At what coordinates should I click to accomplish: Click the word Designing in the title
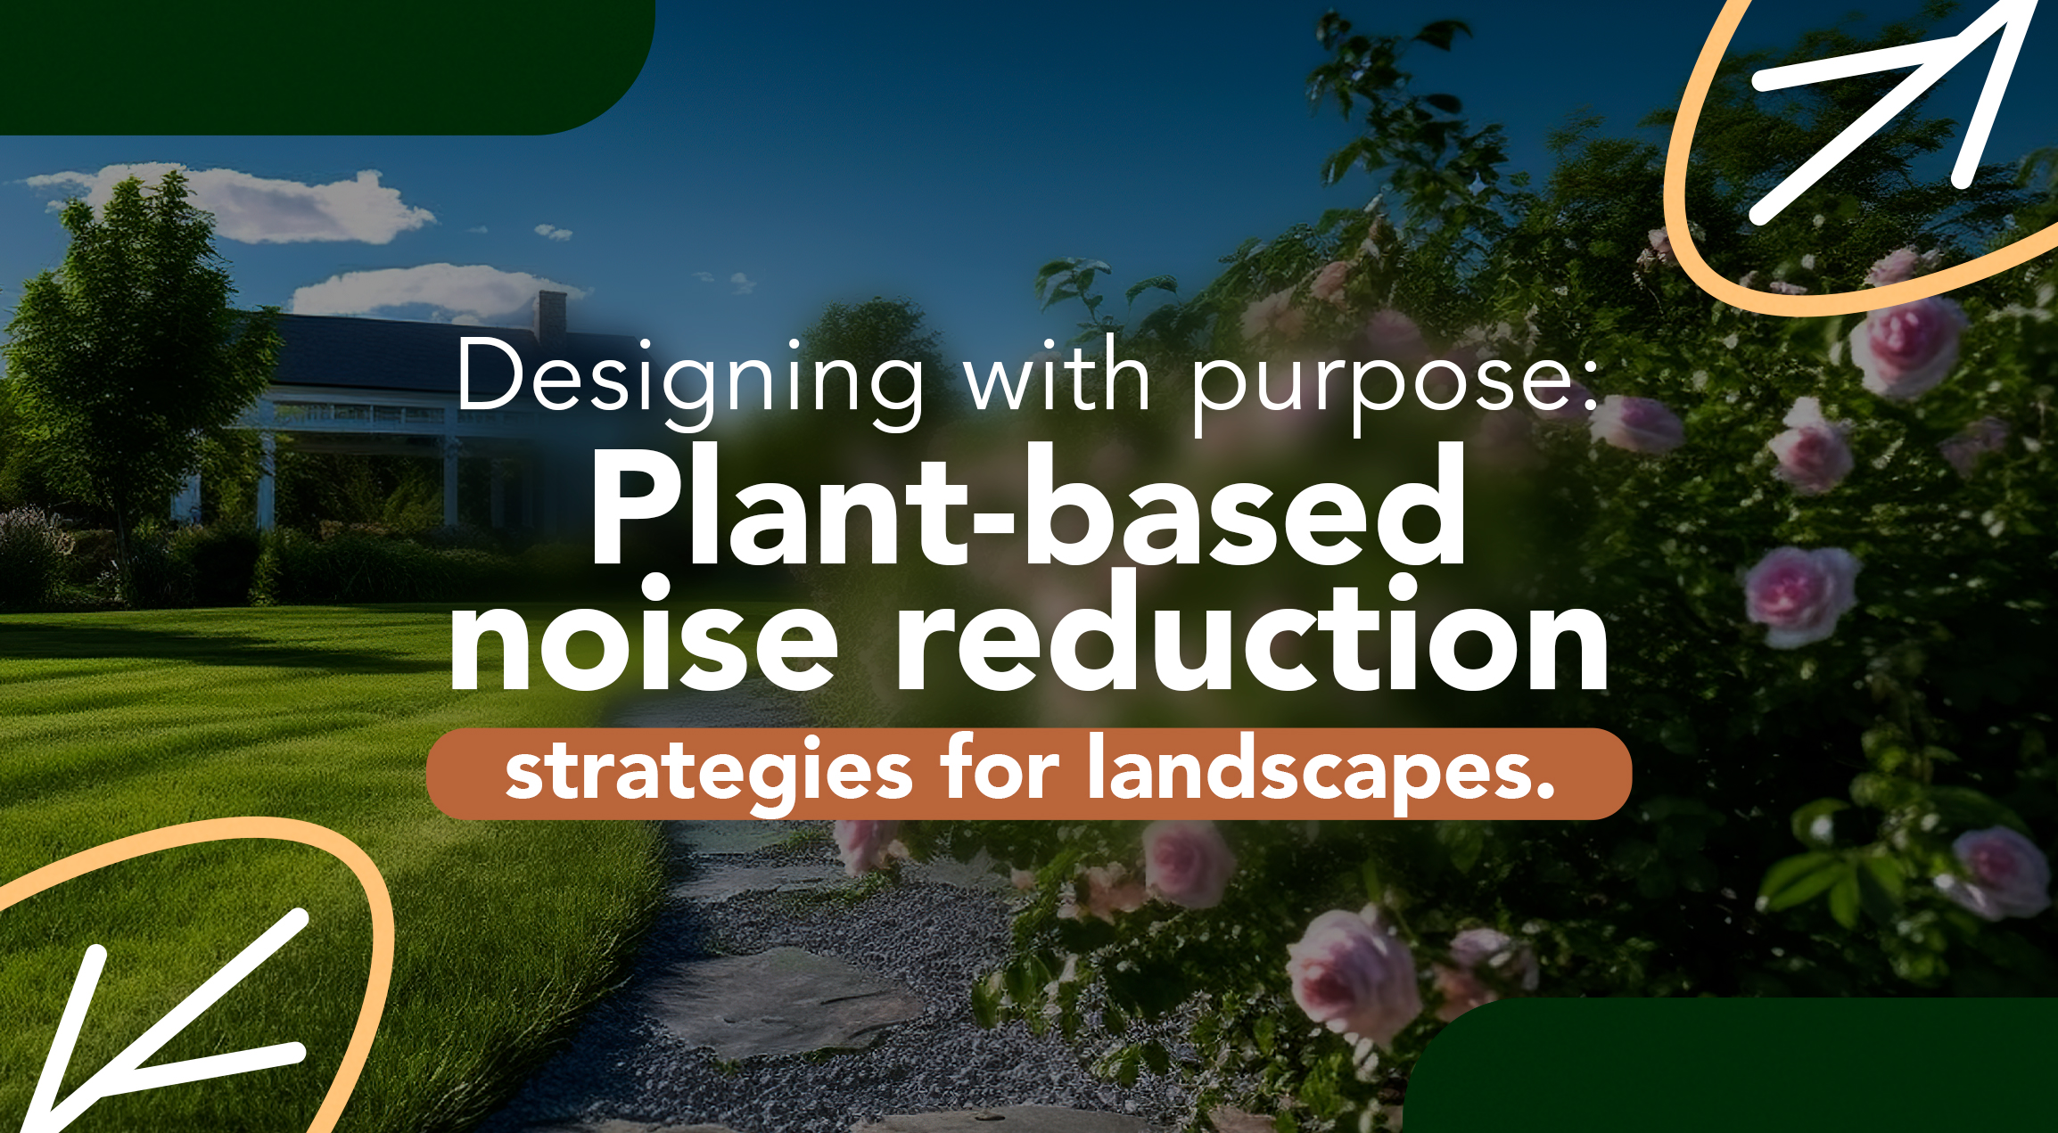click(x=691, y=382)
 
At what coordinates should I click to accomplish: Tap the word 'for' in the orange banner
click(x=999, y=766)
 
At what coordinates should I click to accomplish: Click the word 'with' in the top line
click(x=1058, y=375)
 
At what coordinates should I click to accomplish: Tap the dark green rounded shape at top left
click(x=326, y=67)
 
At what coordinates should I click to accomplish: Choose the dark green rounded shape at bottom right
click(x=1730, y=1066)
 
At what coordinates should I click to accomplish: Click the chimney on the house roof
click(x=551, y=316)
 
